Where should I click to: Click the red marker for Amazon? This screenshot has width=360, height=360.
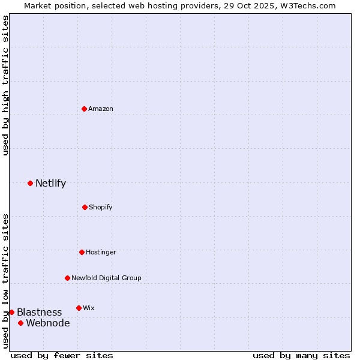click(85, 109)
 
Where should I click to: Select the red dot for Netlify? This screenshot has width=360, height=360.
click(30, 183)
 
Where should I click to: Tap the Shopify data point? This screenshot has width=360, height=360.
click(85, 207)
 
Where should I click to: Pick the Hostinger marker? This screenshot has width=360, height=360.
click(82, 252)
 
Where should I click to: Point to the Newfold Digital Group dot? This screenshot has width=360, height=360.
click(67, 278)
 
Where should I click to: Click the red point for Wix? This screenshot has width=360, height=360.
click(79, 308)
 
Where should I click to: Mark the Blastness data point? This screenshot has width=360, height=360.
click(11, 312)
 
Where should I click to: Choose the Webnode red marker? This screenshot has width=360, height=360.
click(20, 323)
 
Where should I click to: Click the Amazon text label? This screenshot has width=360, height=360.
click(101, 109)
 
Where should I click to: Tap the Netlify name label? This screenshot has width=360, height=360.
click(50, 183)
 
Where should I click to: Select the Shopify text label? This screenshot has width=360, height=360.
click(101, 207)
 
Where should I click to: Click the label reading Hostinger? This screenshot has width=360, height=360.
click(101, 252)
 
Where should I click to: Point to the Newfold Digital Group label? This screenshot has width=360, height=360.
click(106, 278)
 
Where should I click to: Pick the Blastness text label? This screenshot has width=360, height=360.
click(39, 312)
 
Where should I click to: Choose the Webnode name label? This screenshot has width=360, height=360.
click(47, 323)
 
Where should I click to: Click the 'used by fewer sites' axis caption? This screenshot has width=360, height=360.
click(62, 355)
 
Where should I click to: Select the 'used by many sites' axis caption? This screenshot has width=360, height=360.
click(301, 355)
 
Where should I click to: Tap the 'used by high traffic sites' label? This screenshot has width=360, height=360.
click(5, 85)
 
